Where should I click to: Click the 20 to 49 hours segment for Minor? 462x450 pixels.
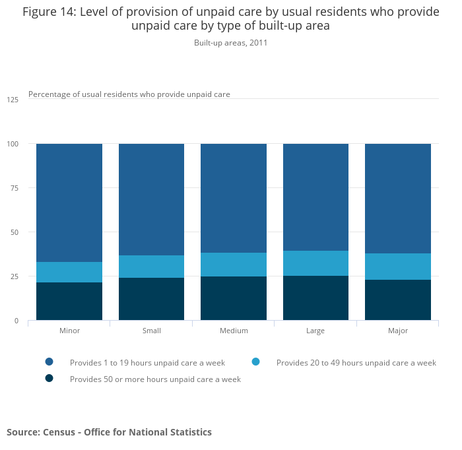tap(69, 272)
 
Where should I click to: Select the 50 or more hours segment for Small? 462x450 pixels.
tap(151, 299)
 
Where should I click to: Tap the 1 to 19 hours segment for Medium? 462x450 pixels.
tap(234, 198)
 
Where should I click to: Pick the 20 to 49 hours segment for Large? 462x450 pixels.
tap(315, 263)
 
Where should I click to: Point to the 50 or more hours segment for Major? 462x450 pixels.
tap(398, 300)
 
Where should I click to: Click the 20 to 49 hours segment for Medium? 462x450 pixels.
tap(234, 265)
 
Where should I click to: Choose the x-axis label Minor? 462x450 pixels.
tap(69, 331)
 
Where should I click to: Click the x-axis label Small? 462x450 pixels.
tap(151, 331)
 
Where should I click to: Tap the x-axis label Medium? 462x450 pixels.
tap(234, 331)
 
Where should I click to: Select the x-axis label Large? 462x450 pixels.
tap(315, 331)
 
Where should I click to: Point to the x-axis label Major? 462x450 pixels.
tap(398, 331)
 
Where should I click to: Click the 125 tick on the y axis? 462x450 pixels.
tap(13, 100)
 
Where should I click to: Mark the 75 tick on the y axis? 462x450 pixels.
tap(14, 188)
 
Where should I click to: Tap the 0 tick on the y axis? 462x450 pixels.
tap(16, 321)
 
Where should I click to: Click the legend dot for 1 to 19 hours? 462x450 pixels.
tap(49, 362)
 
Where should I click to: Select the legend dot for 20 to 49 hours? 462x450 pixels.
tap(256, 362)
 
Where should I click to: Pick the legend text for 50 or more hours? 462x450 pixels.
tap(155, 379)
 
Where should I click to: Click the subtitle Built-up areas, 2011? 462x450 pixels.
tap(230, 43)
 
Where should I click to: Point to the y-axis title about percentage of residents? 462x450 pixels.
tap(129, 94)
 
